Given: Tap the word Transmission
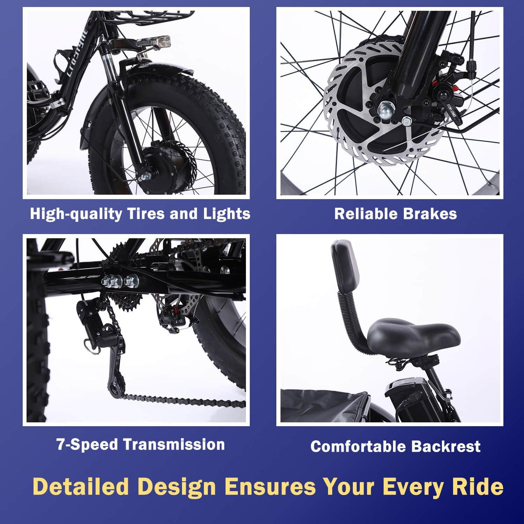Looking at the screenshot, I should (x=174, y=445).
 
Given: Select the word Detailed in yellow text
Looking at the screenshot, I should (x=81, y=486).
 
